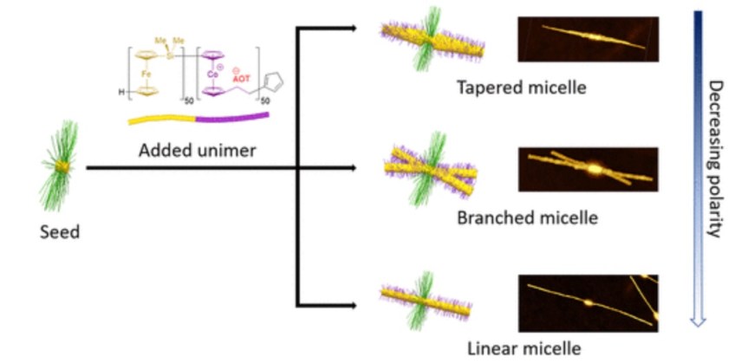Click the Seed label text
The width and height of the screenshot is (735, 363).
(x=60, y=231)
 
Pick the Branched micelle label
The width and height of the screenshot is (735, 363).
(x=527, y=217)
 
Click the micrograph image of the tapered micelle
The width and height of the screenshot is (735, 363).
(x=588, y=39)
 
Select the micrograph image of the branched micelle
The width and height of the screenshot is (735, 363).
(x=588, y=170)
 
